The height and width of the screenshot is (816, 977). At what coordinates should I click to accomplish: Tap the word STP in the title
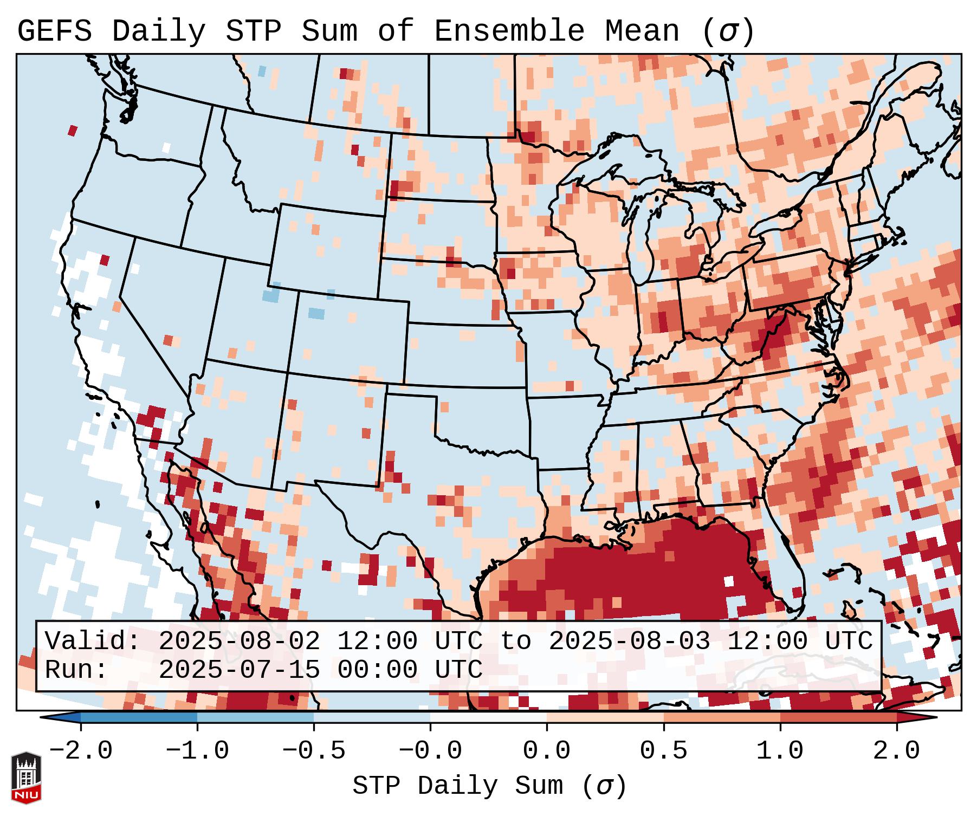coord(253,31)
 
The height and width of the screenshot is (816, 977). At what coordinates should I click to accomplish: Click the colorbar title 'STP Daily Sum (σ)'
coord(489,786)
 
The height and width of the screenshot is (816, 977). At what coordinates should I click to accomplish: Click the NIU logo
coord(26,777)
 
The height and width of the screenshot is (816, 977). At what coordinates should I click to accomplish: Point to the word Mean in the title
coord(642,31)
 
